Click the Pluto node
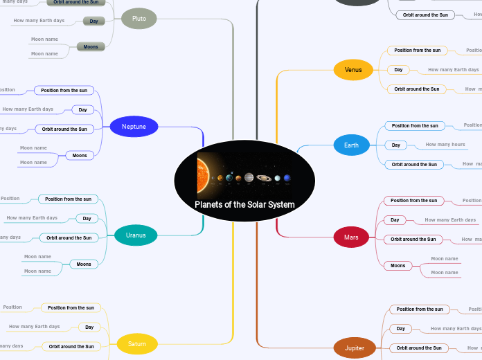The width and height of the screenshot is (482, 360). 139,19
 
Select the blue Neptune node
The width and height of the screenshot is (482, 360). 134,127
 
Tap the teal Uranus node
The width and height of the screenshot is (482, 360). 136,235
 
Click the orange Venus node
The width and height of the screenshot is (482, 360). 353,69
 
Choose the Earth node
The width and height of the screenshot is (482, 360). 351,145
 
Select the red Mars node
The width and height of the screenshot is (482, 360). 351,237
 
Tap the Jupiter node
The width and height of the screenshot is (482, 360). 355,348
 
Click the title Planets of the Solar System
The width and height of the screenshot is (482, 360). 244,205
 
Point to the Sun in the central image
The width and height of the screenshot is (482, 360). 203,176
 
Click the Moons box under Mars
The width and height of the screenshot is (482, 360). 398,266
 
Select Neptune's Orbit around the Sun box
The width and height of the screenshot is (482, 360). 64,129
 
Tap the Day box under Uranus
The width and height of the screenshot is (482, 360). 87,219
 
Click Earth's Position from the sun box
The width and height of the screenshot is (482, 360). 416,126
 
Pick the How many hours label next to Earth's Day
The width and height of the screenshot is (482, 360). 445,145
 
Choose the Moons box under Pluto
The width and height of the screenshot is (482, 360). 91,46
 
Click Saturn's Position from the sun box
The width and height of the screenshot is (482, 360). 71,307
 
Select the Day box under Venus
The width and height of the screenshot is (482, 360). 398,70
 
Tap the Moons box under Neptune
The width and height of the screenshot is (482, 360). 80,156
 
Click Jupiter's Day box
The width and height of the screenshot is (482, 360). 401,329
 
